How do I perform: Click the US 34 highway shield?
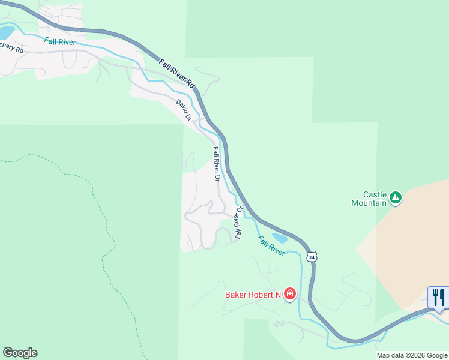click(x=310, y=257)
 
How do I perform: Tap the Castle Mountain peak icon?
click(x=395, y=197)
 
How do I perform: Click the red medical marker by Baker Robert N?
click(x=290, y=293)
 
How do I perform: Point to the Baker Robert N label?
click(x=253, y=295)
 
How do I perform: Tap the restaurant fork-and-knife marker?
click(x=438, y=296)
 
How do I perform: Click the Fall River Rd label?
click(x=178, y=74)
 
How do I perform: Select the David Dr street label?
click(x=184, y=110)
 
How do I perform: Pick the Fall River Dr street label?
click(x=217, y=164)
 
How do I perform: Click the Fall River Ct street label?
click(x=239, y=223)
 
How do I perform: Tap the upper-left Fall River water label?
click(x=60, y=41)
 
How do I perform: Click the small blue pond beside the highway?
click(x=280, y=238)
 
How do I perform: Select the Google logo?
click(x=20, y=353)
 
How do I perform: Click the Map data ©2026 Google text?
click(x=411, y=355)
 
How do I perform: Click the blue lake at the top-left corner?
click(x=6, y=32)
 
